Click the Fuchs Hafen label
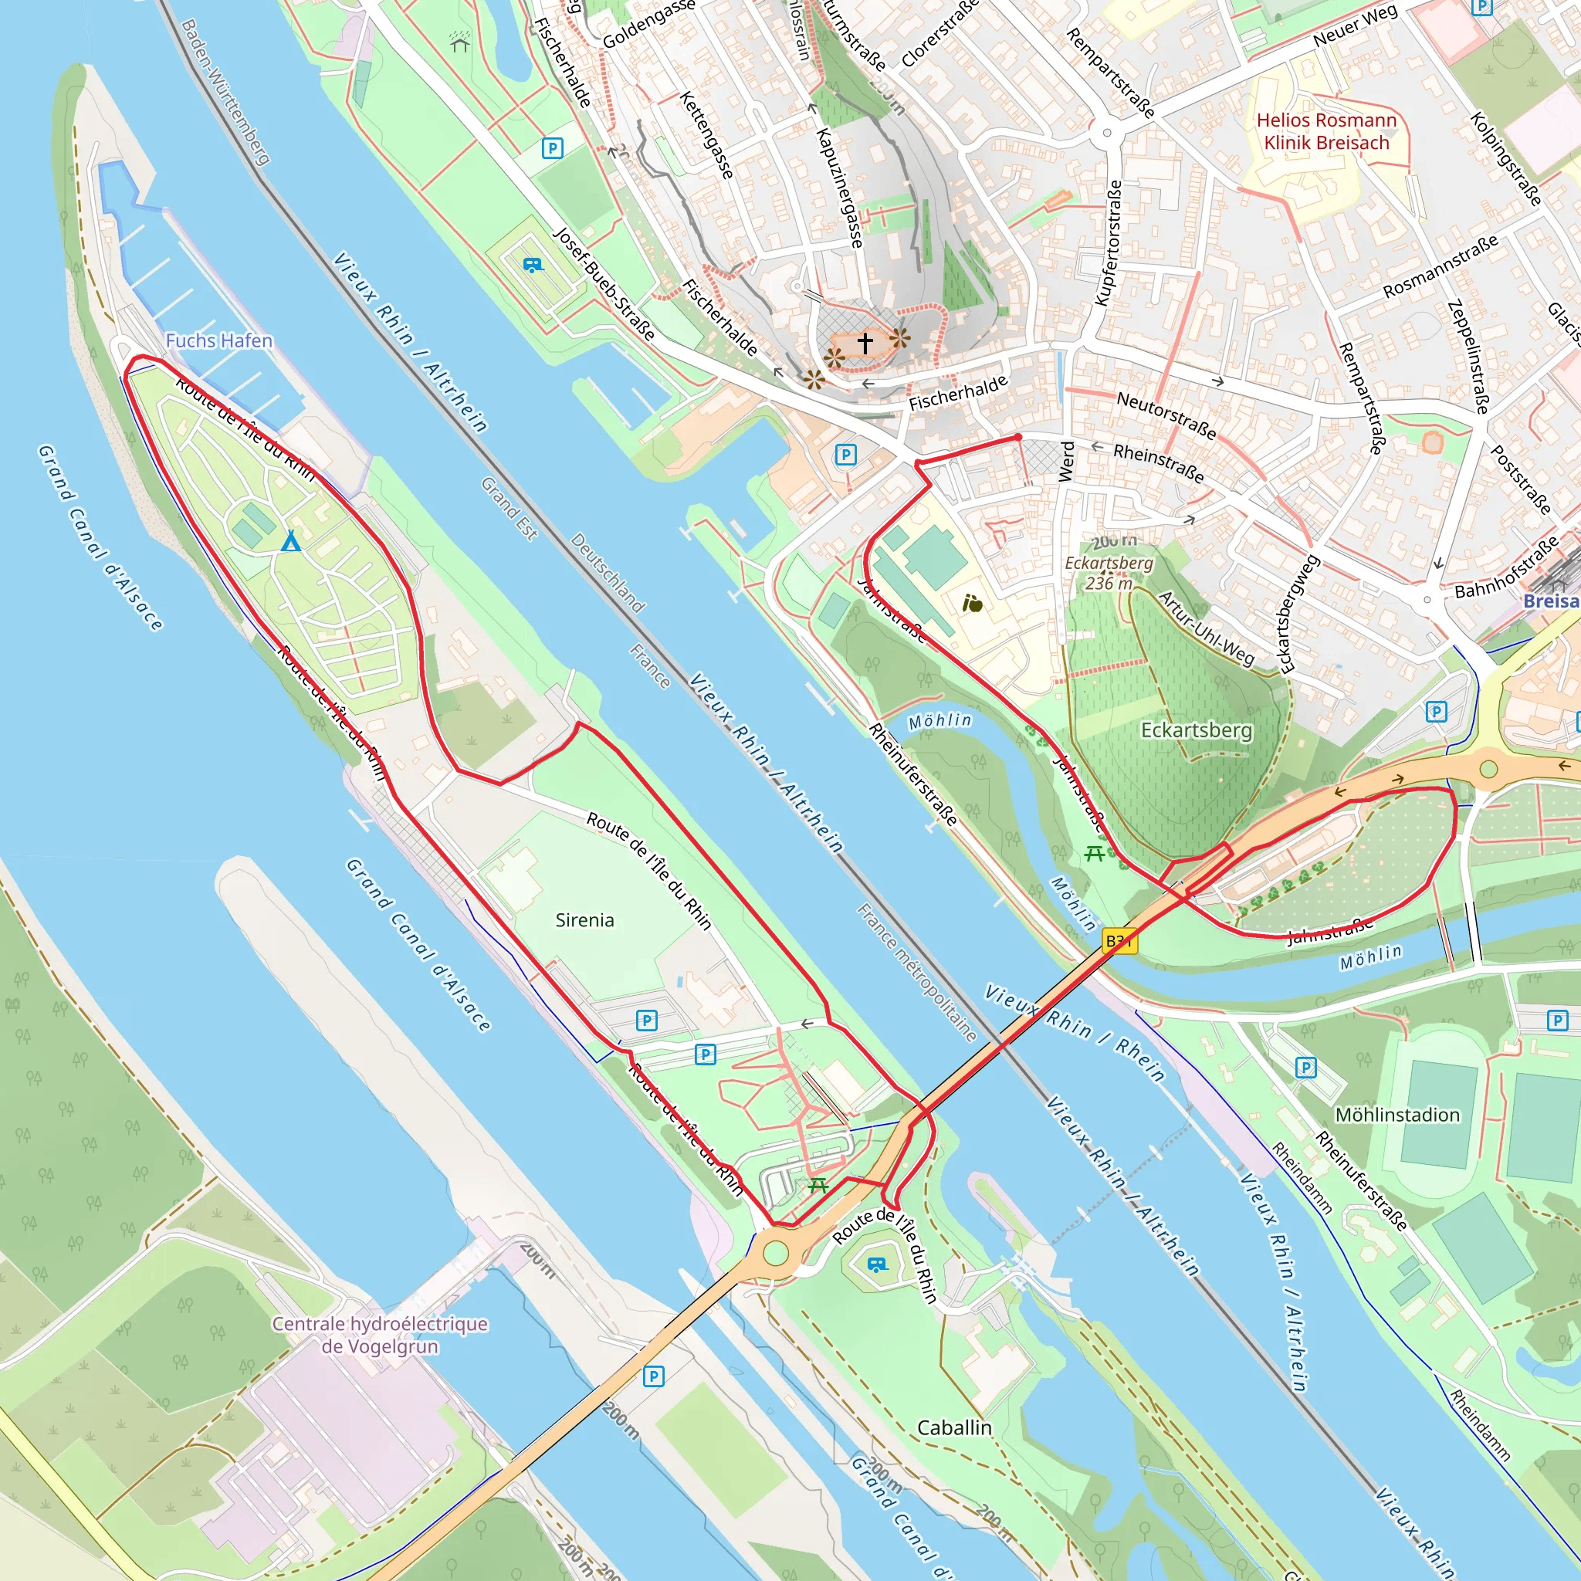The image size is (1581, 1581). coord(218,340)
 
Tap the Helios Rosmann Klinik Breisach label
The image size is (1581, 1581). coord(1326,132)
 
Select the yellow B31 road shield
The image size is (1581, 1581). coord(1119,941)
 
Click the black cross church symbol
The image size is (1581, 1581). coord(865,342)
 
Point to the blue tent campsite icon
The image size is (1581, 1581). coord(290,541)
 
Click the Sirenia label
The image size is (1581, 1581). coord(584,919)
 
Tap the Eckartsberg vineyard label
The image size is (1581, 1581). coord(1197,730)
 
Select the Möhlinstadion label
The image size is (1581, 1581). coord(1396,1115)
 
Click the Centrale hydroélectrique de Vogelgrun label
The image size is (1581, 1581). coord(380,1335)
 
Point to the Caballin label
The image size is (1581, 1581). coord(954,1427)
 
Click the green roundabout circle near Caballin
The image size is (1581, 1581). coord(775,1253)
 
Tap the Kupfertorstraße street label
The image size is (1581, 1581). coord(1108,243)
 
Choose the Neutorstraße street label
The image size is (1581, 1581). coord(1166,415)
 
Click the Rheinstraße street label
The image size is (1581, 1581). coord(1158,462)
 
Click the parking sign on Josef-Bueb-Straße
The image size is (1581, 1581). coord(553,148)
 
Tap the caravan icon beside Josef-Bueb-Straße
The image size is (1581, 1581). coord(533,265)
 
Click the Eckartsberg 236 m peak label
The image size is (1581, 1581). coord(1109,573)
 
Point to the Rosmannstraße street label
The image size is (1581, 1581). coord(1441,266)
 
